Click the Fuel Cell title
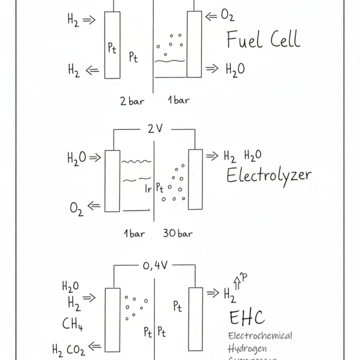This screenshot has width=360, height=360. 263,40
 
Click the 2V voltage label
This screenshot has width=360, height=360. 155,129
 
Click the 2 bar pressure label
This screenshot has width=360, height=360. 132,100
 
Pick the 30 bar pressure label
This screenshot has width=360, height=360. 178,234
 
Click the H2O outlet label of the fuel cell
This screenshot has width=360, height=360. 235,69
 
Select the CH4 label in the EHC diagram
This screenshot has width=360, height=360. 72,324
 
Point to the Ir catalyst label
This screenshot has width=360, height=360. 148,189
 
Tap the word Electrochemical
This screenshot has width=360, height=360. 260,336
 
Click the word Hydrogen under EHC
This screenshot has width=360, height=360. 247,348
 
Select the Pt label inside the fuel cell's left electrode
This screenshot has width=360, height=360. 112,48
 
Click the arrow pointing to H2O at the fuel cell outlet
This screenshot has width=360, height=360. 212,68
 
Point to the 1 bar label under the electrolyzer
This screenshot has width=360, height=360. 134,234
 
